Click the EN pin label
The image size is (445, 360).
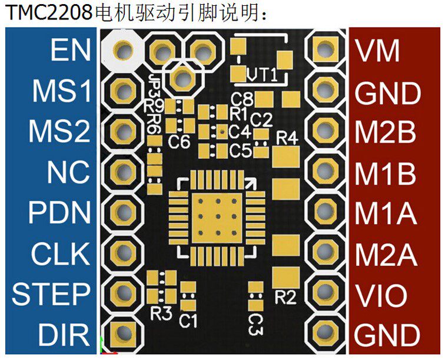[x=70, y=50]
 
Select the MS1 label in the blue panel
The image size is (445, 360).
[x=61, y=91]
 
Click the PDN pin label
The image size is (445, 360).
[x=60, y=213]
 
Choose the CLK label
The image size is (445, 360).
[x=61, y=254]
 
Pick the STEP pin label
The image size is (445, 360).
[x=51, y=294]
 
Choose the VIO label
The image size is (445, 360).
[x=381, y=295]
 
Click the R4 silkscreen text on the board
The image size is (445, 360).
[x=287, y=138]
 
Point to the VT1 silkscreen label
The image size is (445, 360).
[x=263, y=75]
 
